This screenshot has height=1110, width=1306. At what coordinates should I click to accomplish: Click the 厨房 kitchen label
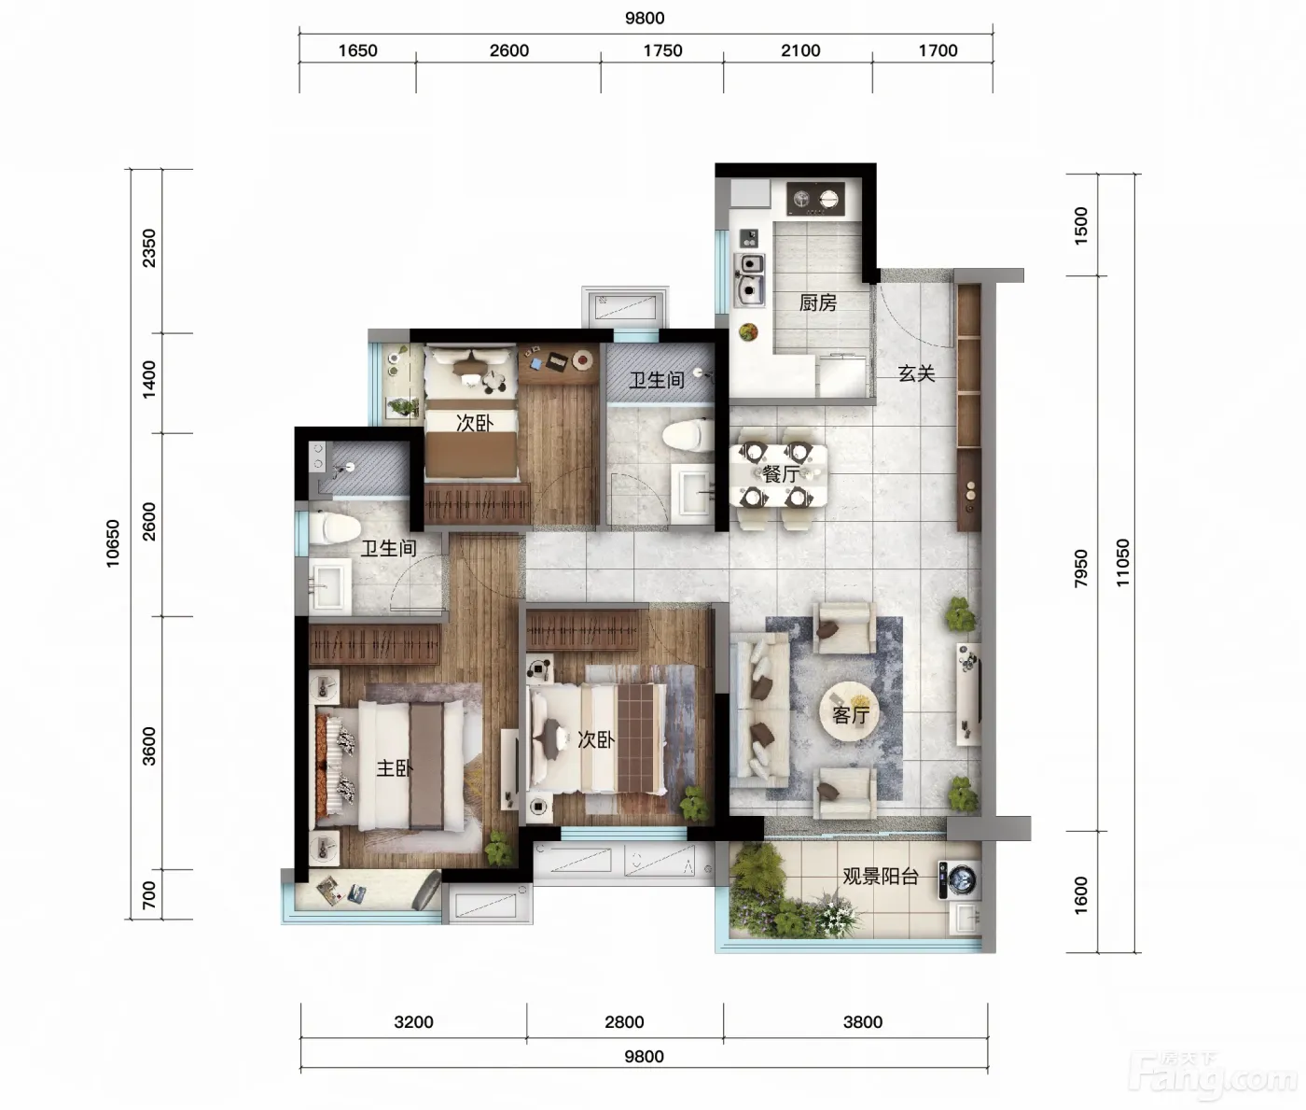(817, 303)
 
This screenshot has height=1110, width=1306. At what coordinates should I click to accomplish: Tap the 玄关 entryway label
(916, 373)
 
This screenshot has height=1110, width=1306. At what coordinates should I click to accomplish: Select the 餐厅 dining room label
(780, 473)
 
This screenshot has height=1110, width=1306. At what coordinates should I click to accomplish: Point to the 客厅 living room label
(851, 715)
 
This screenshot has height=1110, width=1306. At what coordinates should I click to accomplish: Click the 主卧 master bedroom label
(395, 767)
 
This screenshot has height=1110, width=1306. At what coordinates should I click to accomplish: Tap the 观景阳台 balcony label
(880, 876)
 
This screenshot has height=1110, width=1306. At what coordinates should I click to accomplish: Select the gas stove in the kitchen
(815, 199)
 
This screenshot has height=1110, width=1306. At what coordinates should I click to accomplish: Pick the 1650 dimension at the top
(357, 50)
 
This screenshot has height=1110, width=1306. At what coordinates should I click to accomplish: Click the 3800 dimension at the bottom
(863, 1021)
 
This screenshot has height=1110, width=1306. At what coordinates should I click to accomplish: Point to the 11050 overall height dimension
(1122, 562)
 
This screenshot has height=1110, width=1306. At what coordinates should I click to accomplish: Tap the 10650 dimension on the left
(113, 543)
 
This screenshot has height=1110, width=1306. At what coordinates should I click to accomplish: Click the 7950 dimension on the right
(1081, 568)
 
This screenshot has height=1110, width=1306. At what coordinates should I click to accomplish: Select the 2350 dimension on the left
(148, 248)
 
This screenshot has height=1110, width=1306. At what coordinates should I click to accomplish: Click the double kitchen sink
(750, 279)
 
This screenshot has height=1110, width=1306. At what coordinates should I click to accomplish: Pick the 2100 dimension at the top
(800, 50)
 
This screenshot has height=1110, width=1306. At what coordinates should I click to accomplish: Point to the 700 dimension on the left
(148, 894)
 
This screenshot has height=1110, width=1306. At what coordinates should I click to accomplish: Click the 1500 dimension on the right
(1081, 226)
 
